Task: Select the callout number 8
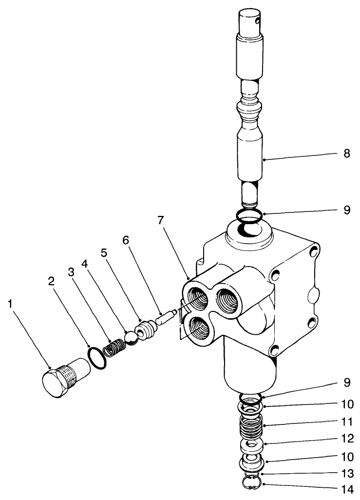coord(346,154)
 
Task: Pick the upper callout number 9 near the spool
coord(346,210)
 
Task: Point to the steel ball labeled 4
coord(132,338)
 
